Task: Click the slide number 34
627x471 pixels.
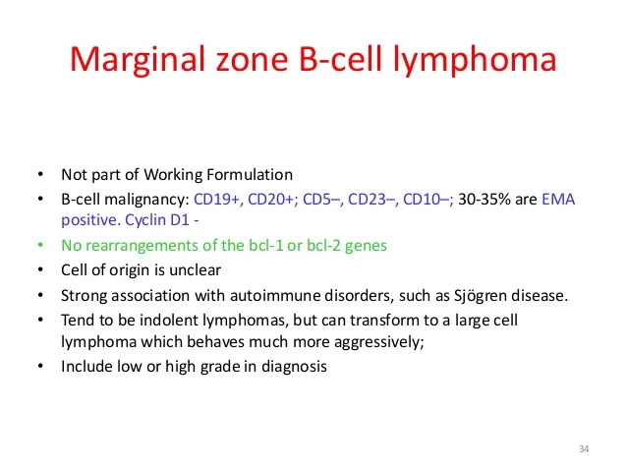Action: tap(584, 449)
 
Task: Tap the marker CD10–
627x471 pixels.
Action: tap(426, 199)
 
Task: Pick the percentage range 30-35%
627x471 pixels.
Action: tap(484, 199)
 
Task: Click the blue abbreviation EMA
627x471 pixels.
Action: tap(557, 199)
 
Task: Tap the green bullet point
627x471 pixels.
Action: tap(39, 246)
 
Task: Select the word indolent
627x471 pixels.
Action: tap(146, 322)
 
